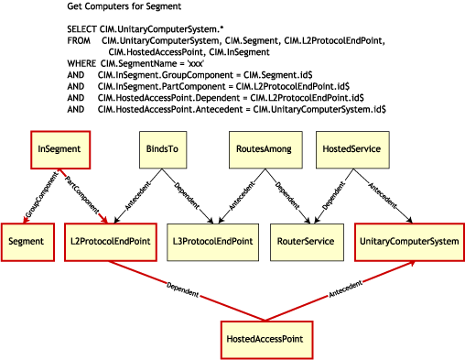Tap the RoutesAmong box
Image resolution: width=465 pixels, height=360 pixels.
257,149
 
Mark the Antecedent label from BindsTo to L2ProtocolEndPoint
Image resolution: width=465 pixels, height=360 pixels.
137,196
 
